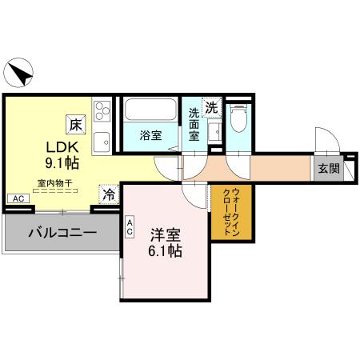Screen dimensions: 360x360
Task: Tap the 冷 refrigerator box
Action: (x=109, y=193)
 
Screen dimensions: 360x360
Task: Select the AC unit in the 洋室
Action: (x=130, y=228)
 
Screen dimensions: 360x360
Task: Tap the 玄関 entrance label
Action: (x=328, y=168)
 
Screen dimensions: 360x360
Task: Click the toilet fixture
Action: (x=238, y=120)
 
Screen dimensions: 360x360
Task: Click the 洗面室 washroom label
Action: (x=195, y=124)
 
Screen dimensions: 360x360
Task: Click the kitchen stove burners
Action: (x=102, y=110)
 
